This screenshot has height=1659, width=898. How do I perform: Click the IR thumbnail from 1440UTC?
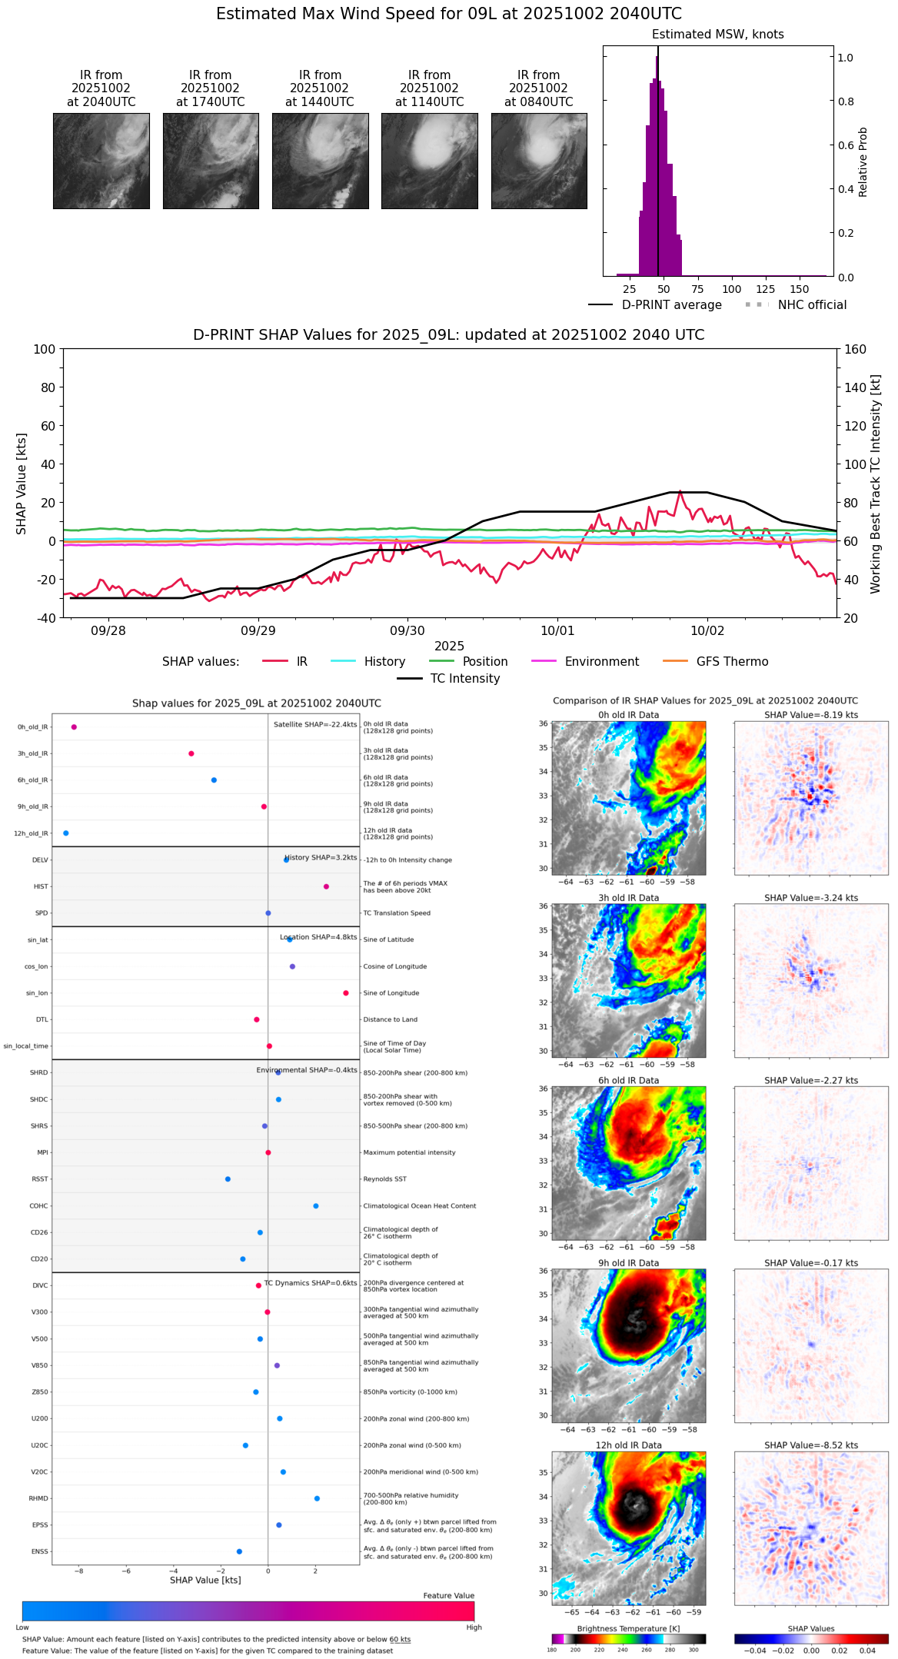point(320,161)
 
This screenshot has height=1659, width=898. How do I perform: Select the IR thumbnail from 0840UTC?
point(539,161)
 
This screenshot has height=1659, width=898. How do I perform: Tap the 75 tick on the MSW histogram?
point(697,289)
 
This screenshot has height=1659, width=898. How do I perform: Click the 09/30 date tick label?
point(407,630)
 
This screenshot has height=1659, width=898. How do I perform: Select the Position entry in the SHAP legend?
point(484,662)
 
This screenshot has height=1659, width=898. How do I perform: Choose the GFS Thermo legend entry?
point(731,662)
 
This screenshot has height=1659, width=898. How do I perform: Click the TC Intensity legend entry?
point(464,679)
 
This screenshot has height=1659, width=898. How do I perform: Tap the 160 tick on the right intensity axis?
point(856,349)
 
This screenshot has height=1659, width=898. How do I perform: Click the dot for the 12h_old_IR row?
point(66,833)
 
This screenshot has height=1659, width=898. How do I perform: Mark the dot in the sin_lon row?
point(346,993)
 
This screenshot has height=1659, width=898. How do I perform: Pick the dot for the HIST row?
point(327,886)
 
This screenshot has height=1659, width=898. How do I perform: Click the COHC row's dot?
point(316,1206)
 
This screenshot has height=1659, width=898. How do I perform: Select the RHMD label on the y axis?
point(38,1498)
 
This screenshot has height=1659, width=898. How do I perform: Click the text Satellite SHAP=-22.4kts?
point(315,724)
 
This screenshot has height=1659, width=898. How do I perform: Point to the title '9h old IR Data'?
point(628,1263)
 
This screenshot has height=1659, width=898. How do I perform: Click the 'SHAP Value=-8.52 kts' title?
point(811,1445)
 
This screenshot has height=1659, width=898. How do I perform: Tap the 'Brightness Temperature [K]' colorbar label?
point(628,1628)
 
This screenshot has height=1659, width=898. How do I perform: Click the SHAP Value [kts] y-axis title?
point(22,484)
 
